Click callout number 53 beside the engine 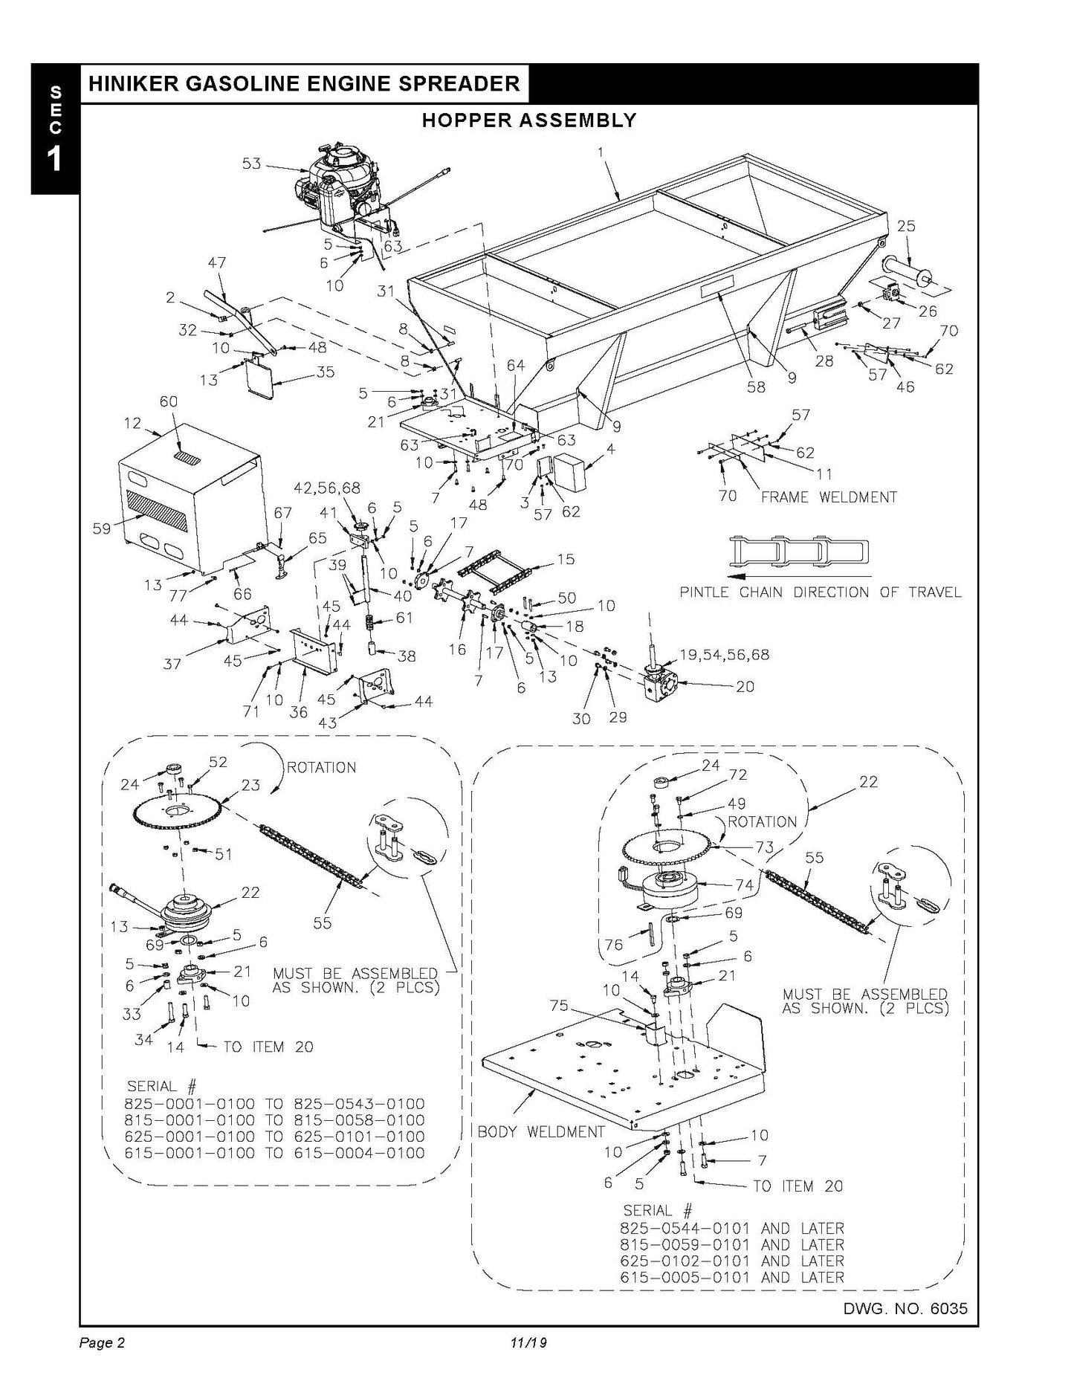pos(252,163)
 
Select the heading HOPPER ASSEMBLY pos(528,120)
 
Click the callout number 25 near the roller pos(906,226)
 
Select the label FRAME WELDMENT pos(829,497)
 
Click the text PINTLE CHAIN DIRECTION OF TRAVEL pos(821,592)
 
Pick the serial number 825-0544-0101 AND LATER pos(731,1229)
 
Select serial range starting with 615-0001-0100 pos(276,1153)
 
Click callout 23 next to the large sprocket pos(251,785)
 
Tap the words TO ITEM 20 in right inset pos(798,1186)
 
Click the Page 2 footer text pos(102,1342)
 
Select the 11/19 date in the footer pos(528,1342)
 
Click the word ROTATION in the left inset pos(321,767)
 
